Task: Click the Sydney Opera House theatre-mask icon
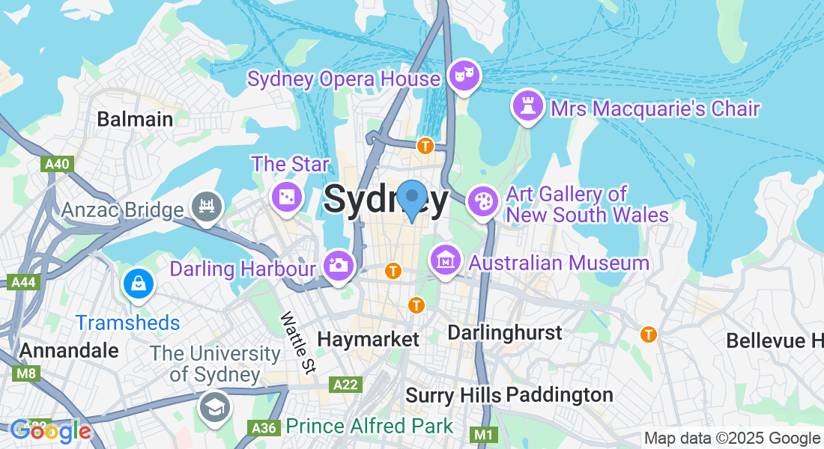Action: coord(464,75)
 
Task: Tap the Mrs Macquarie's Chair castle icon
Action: coord(527,106)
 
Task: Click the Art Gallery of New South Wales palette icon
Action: coord(482,201)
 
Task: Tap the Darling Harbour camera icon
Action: coord(339,264)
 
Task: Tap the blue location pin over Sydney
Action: coord(411,198)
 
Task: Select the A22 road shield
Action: coord(345,384)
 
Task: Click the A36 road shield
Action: coord(263,427)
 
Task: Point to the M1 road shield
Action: coord(483,434)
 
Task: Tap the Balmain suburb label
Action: coord(135,119)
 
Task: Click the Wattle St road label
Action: coord(298,342)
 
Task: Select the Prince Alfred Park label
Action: coord(370,427)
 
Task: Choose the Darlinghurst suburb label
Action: coord(504,332)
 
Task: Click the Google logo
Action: coord(50,431)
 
